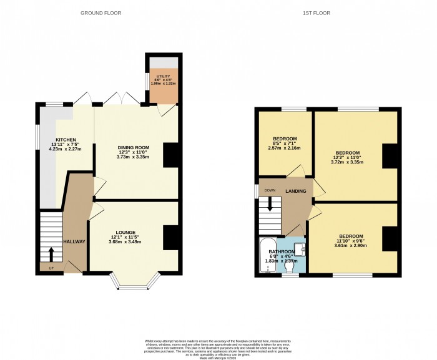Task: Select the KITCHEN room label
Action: tap(66, 140)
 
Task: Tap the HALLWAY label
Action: tap(74, 241)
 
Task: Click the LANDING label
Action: tap(295, 190)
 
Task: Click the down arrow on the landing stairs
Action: tap(270, 203)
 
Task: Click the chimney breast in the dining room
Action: tap(170, 154)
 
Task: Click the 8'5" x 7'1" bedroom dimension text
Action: tap(284, 144)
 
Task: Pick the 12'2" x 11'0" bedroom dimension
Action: tap(347, 158)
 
